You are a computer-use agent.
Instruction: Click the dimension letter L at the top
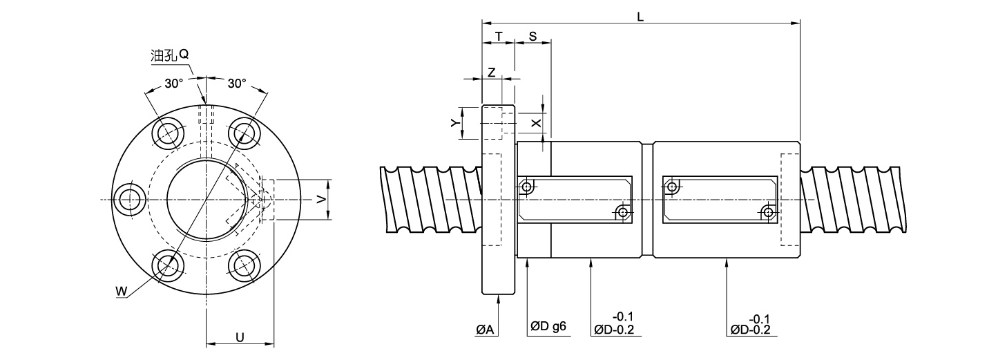[x=640, y=17]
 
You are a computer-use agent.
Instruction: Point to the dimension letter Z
[x=491, y=72]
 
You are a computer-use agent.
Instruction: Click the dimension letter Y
[x=454, y=123]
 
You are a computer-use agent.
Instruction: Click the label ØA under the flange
[x=485, y=330]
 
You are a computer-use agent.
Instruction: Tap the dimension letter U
[x=239, y=337]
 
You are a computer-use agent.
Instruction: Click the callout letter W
[x=121, y=292]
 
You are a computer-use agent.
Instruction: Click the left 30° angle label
[x=173, y=83]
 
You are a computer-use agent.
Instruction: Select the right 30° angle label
[x=237, y=83]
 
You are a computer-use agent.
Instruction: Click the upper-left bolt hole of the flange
[x=168, y=133]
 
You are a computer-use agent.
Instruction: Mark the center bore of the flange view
[x=206, y=200]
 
